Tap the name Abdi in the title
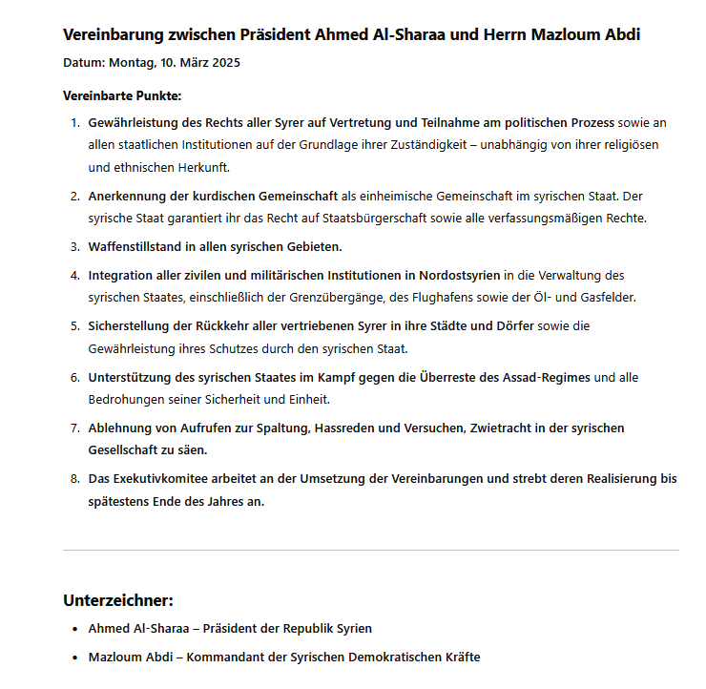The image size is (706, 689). (620, 35)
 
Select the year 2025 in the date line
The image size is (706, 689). (223, 64)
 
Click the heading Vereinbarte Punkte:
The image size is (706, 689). (122, 95)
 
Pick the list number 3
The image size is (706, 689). (74, 246)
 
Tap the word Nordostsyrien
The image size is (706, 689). (455, 275)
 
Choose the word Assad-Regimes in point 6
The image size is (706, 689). (547, 377)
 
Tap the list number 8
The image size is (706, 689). (74, 479)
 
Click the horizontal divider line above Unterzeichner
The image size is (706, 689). (371, 550)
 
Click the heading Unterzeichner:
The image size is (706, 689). (118, 600)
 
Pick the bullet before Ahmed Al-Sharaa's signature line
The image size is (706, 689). (74, 629)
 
